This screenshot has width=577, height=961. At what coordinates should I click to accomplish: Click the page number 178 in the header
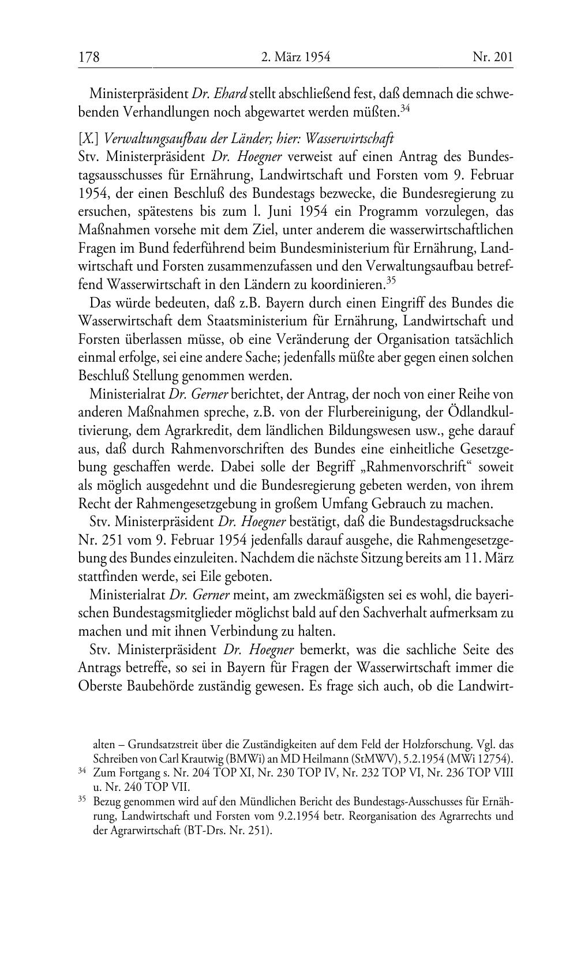pos(89,57)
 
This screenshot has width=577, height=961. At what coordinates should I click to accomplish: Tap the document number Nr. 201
pos(492,57)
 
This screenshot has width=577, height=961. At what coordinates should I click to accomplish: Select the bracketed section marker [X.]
pos(88,138)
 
